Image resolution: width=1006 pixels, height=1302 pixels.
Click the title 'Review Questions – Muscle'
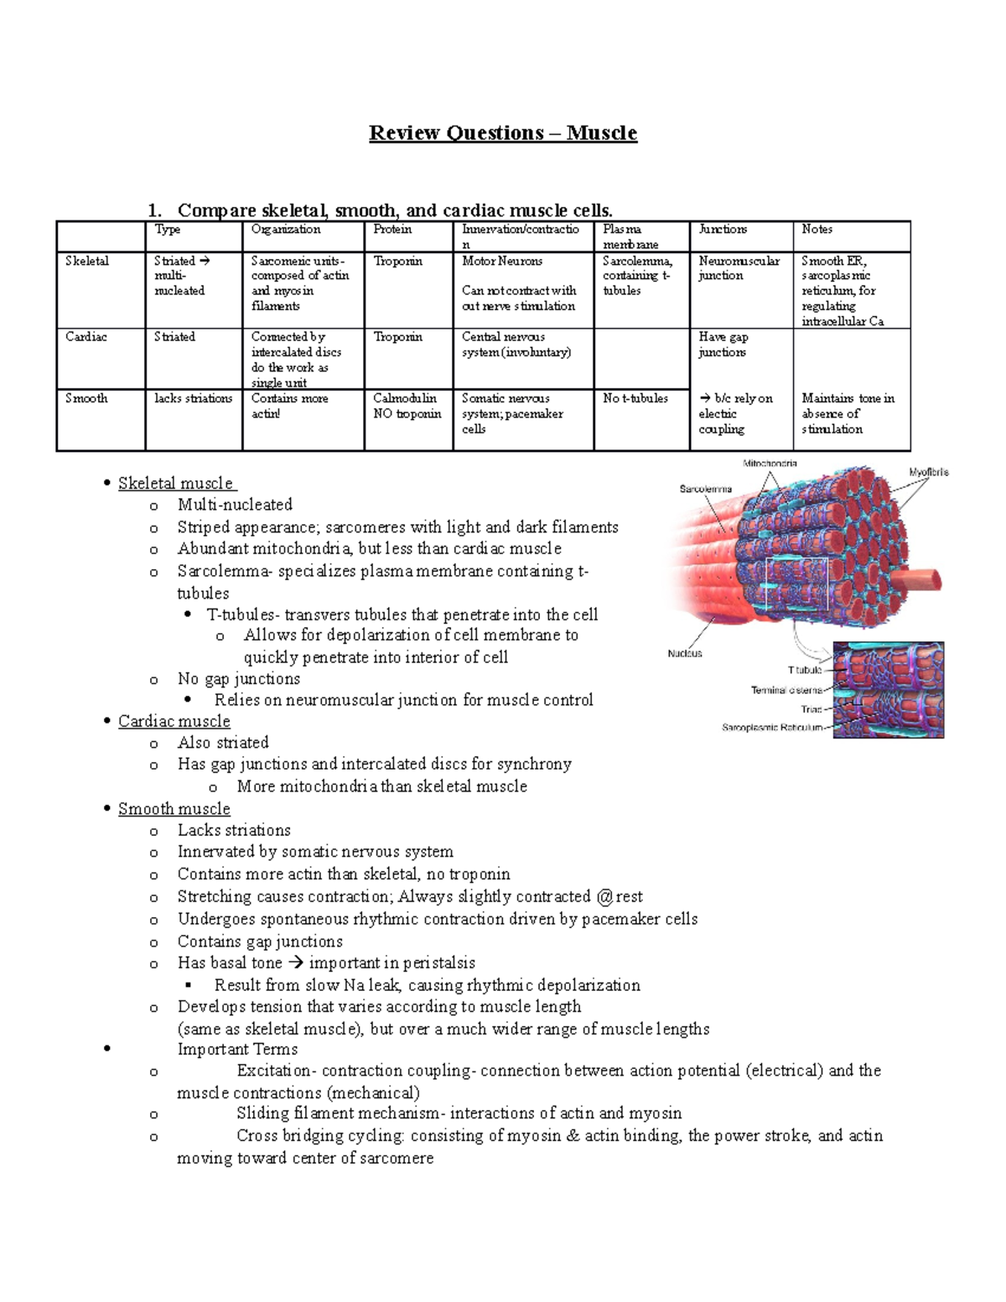[503, 133]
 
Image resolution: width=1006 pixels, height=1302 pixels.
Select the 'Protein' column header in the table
[392, 230]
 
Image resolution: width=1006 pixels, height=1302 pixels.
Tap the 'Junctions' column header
[723, 230]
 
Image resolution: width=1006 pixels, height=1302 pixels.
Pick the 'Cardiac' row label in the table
[86, 337]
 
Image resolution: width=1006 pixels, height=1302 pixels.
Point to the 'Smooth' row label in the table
[86, 399]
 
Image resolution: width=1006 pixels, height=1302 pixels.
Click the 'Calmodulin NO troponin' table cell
[407, 407]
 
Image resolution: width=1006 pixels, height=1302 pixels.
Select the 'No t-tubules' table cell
[635, 399]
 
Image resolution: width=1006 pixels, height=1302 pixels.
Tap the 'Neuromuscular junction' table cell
[739, 268]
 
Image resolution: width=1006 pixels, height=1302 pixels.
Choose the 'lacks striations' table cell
[193, 399]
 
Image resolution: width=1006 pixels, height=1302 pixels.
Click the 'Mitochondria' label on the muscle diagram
[770, 464]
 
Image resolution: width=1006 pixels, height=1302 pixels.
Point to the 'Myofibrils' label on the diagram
[929, 473]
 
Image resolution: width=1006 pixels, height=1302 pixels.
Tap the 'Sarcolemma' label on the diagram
[705, 489]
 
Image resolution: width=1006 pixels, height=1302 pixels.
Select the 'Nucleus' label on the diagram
[685, 654]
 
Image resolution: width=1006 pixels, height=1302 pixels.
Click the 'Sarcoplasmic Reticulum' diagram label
[772, 728]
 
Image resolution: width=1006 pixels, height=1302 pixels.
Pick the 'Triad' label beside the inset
[811, 709]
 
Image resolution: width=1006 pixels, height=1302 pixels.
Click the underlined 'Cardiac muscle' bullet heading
[174, 722]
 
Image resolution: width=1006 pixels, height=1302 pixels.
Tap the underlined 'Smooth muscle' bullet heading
[174, 809]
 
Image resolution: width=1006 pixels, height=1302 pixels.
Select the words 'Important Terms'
[237, 1050]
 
